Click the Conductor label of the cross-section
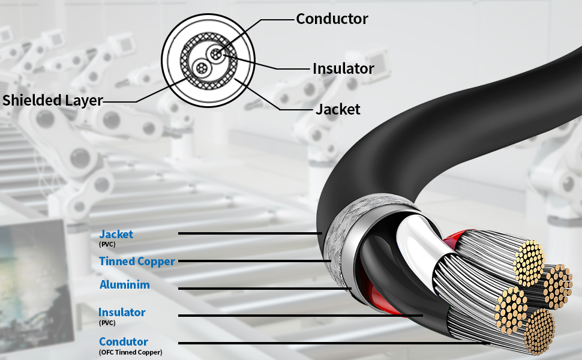332,19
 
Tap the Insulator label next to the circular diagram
343,68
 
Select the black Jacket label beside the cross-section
338,109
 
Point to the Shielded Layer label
52,101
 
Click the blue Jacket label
116,234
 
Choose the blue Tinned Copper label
137,261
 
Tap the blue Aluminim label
125,284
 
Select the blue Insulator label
122,313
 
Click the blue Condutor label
124,341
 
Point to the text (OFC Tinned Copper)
131,352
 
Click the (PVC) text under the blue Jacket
107,244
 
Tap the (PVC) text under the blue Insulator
107,323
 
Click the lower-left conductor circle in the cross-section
202,68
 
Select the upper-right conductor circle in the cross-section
216,55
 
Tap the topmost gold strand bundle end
529,263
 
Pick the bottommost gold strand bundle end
539,331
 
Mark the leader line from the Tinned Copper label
254,261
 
